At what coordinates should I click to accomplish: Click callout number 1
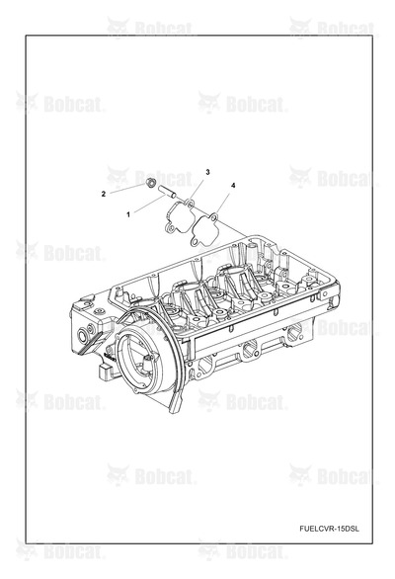128,214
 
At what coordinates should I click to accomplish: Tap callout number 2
104,194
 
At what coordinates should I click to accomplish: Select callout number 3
207,172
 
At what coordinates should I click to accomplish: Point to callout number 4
233,186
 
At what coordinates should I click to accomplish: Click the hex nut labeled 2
150,182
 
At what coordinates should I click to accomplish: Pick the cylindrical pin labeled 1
166,192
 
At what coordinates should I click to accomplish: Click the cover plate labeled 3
179,216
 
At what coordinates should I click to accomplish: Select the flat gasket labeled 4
204,229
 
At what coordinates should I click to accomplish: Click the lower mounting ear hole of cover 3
170,229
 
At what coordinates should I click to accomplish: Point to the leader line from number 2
127,188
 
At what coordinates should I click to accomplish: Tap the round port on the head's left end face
82,336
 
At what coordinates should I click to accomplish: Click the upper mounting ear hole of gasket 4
213,215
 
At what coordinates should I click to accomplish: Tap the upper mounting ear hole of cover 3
189,203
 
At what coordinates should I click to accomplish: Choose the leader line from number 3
197,189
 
